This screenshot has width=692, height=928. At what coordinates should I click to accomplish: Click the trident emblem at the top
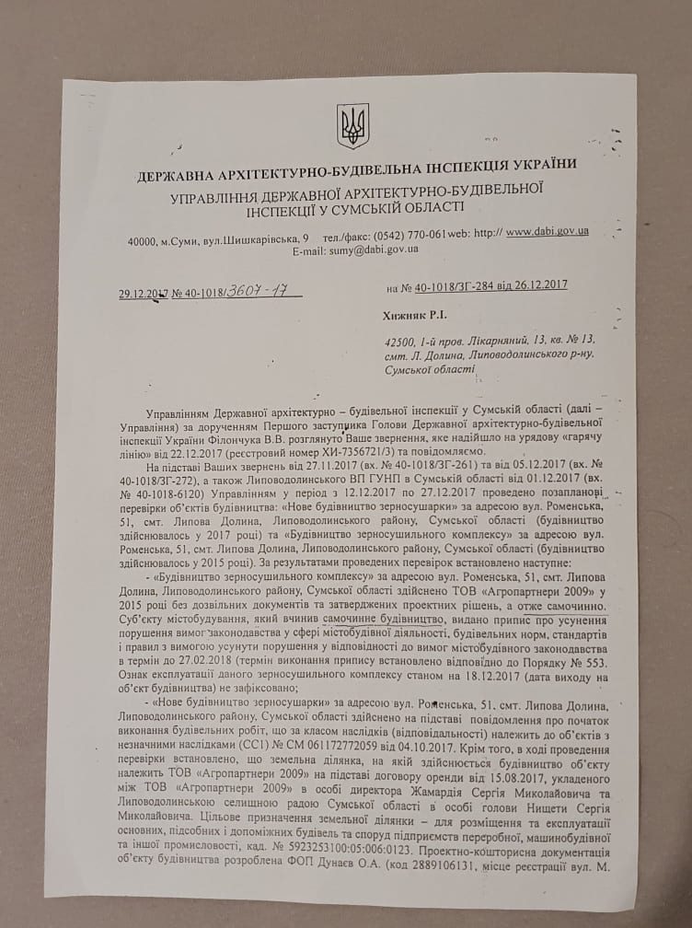(x=352, y=126)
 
